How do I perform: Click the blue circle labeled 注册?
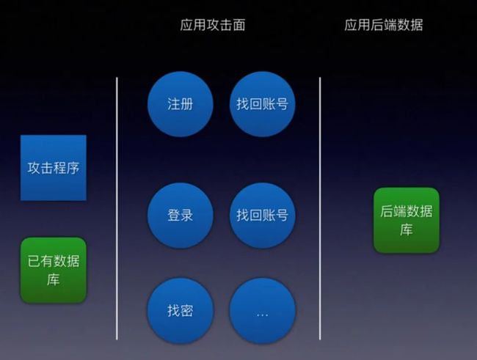[x=181, y=104]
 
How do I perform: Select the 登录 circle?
[x=181, y=216]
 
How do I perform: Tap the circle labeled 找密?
[x=181, y=311]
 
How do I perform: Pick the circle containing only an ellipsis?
[x=262, y=311]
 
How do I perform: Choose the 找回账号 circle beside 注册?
[x=262, y=104]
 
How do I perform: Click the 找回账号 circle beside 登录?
[x=262, y=216]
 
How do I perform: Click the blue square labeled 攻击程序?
[x=54, y=168]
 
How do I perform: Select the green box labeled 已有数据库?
[x=54, y=270]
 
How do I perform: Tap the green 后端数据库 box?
[x=407, y=221]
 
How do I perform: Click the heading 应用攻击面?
[x=213, y=25]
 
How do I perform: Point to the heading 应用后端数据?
[x=384, y=25]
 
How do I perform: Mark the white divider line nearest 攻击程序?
[x=117, y=208]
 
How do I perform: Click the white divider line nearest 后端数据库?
[x=320, y=208]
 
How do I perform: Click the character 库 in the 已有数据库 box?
[x=54, y=279]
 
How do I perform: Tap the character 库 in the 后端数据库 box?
[x=407, y=230]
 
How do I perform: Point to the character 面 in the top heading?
[x=238, y=25]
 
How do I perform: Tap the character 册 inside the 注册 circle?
[x=187, y=104]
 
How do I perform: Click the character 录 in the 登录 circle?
[x=187, y=216]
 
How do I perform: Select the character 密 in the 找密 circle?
[x=187, y=311]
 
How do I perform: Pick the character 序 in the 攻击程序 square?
[x=73, y=168]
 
